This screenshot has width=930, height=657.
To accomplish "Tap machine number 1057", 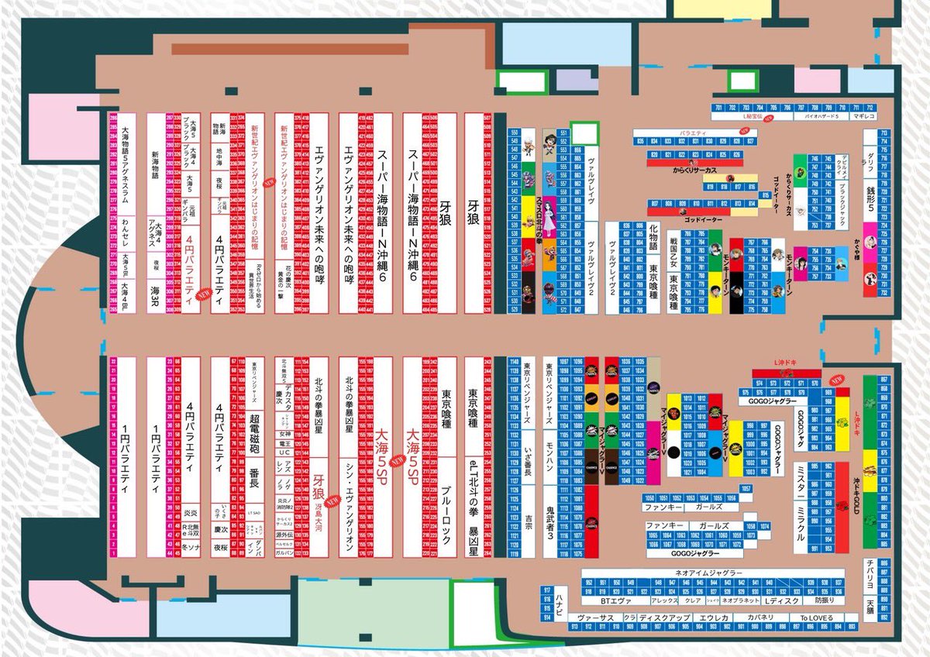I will pos(746,489).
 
